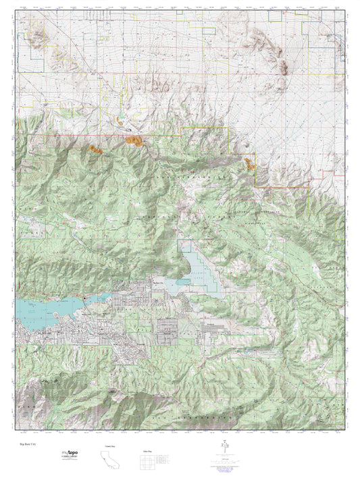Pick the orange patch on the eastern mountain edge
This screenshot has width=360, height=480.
(251, 161)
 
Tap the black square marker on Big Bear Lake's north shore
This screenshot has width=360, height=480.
(83, 298)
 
